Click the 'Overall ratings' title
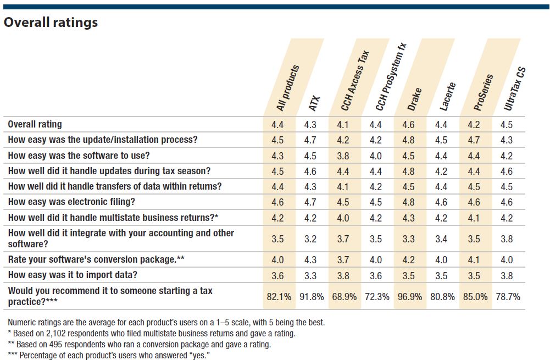[51, 23]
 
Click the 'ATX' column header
[314, 103]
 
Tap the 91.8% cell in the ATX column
[310, 297]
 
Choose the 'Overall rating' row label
[35, 124]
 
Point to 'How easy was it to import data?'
[73, 275]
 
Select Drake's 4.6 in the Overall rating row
[408, 125]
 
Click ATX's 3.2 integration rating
[310, 239]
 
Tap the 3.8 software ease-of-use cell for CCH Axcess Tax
[343, 156]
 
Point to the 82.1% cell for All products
[278, 297]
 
